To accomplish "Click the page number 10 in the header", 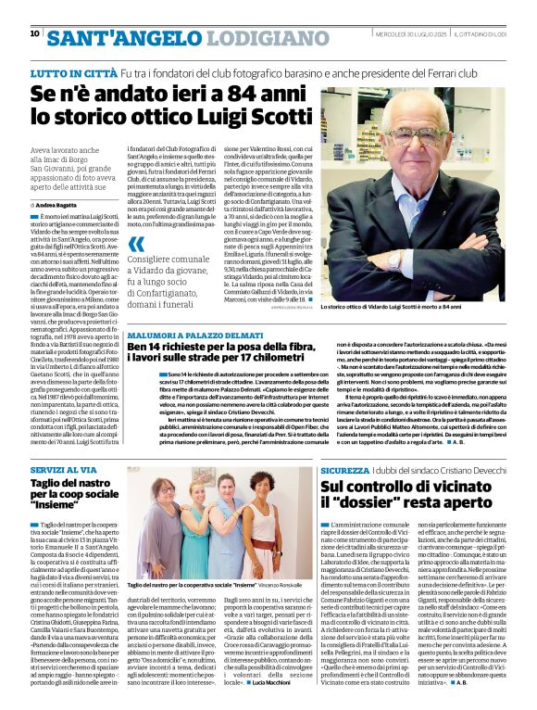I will coord(34,33).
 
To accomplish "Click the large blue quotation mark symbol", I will coord(136,245).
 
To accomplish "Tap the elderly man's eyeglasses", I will coord(427,131).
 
